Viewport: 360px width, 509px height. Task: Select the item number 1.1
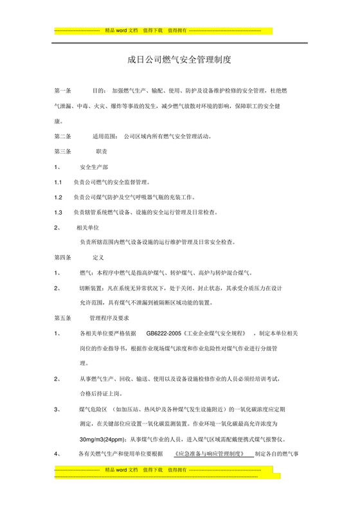[x=58, y=182]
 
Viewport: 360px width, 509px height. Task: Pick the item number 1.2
[x=58, y=197]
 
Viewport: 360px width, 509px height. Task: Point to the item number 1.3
[x=58, y=212]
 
